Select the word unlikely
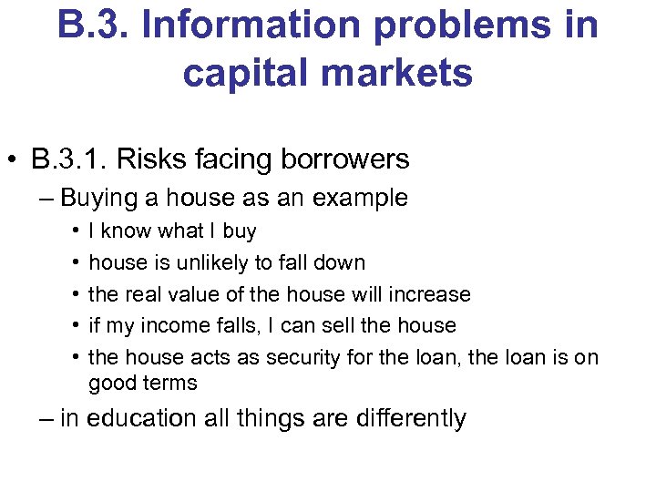[204, 262]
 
